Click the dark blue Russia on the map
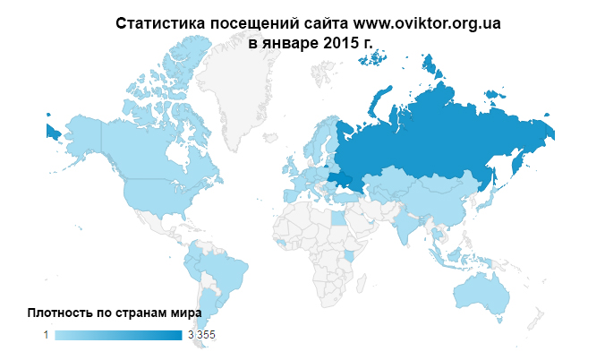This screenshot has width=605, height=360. pos(430,134)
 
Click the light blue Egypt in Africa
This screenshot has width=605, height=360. pos(337,219)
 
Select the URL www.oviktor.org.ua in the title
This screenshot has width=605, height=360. pos(427,23)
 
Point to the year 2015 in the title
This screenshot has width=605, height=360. pos(328,43)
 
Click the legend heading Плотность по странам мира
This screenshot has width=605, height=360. pos(115,313)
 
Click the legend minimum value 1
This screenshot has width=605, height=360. pos(46,335)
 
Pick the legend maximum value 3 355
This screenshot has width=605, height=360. pos(201,335)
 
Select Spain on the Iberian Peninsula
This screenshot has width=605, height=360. pos(292,194)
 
